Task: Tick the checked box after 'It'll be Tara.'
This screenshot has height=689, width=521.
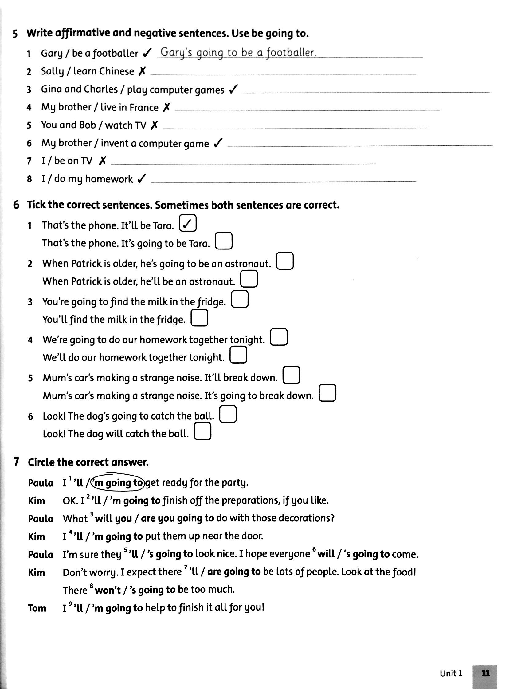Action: coord(188,223)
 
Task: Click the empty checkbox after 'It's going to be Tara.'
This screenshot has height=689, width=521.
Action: coord(224,241)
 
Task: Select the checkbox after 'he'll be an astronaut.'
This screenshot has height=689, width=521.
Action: coord(249,279)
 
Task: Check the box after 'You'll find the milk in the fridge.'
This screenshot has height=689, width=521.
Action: coord(199,318)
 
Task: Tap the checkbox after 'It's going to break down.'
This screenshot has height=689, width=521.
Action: coord(327,393)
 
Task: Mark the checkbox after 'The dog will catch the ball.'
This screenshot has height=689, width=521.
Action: coord(202,432)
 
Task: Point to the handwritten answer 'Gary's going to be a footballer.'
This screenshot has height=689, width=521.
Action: coord(239,53)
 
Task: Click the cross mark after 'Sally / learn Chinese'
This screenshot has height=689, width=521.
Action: coord(142,71)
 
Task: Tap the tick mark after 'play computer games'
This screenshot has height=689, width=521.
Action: coord(233,90)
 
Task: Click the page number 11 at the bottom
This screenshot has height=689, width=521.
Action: coord(485,673)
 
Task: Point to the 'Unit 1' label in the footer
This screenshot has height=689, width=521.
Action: coord(451,673)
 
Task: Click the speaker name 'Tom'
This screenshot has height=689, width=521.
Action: coord(37,608)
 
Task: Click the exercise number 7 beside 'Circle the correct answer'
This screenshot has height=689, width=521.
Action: coord(17,462)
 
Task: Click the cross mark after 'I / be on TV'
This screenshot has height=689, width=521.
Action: coord(102,161)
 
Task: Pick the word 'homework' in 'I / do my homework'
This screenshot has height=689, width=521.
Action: coord(109,179)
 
